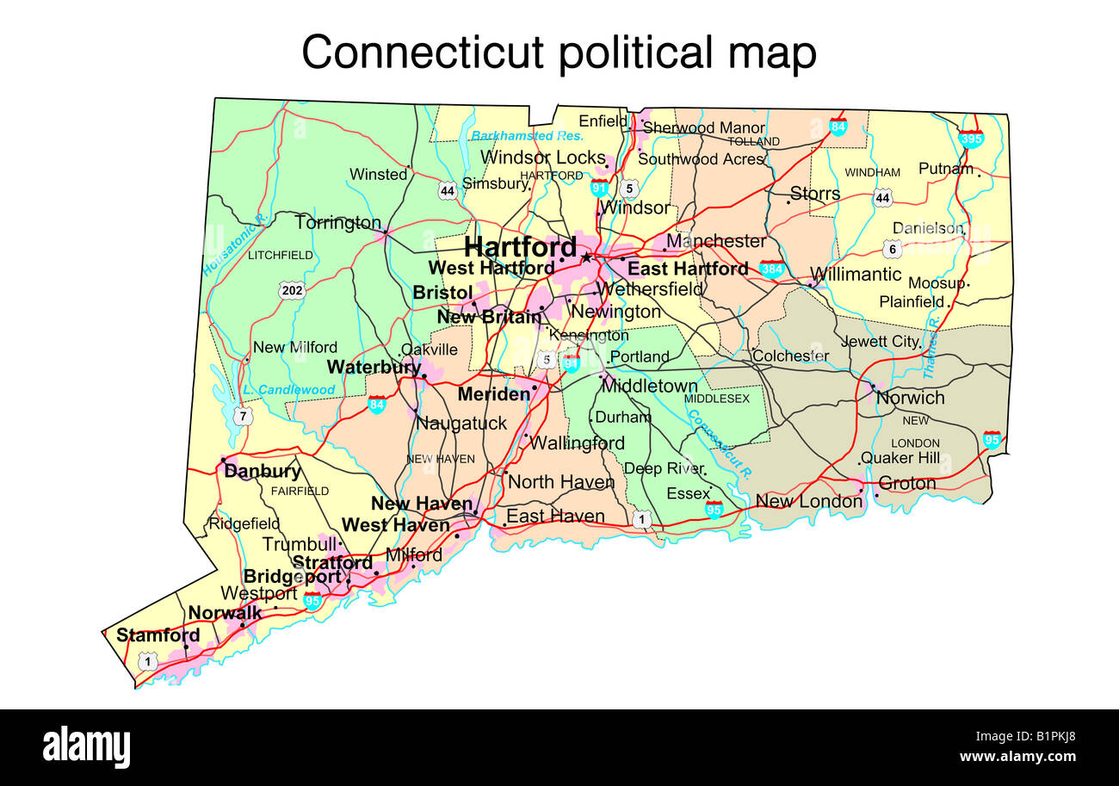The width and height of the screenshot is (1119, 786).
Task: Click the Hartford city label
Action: pos(520,246)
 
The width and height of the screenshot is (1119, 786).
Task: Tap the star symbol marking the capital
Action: pos(587,257)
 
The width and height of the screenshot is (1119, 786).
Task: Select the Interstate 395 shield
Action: pos(971,137)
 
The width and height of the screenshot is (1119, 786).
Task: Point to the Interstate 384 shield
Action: pos(772,268)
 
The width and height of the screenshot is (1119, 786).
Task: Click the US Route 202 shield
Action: pos(292,290)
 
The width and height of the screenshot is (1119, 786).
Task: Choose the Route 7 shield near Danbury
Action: pos(243,417)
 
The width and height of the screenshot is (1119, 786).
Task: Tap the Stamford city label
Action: pos(158,635)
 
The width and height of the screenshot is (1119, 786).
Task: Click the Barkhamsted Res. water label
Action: pos(528,136)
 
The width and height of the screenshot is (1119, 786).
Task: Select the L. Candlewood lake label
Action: pos(288,390)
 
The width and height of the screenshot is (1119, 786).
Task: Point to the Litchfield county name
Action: pos(280,255)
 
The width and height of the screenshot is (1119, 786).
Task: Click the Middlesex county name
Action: pos(716,399)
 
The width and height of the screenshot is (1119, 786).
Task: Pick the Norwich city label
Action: pos(910,398)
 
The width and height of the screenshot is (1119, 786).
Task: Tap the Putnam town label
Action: pos(945,169)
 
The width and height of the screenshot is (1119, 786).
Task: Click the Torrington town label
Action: pos(337,223)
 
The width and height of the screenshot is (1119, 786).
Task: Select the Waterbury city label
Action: pos(373,367)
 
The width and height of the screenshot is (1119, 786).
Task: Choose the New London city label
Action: pos(808,501)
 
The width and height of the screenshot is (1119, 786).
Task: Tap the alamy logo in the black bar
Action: pos(86,746)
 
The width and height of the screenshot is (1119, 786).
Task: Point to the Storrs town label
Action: pos(814,194)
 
